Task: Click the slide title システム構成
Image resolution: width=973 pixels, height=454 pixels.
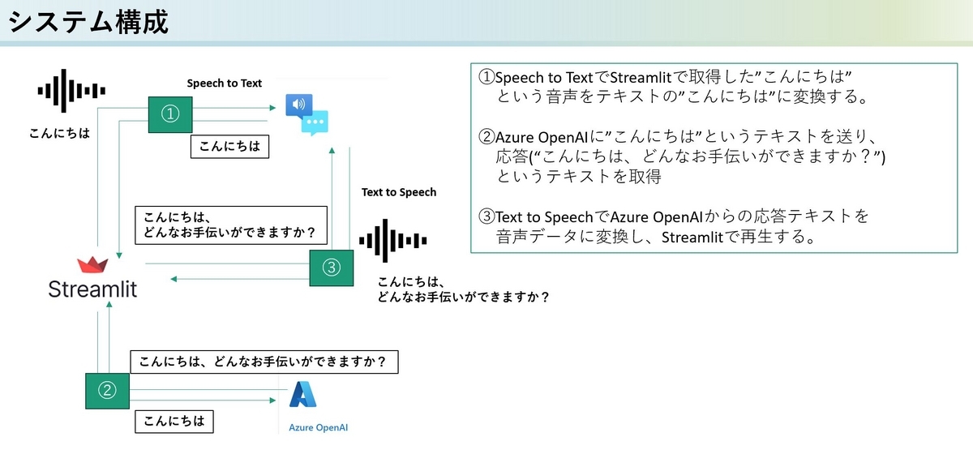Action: coord(88,22)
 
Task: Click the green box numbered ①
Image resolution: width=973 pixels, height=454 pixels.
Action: coord(170,114)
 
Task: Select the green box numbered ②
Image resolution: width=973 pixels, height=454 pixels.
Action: coord(107,391)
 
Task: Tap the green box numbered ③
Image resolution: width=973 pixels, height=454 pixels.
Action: coord(332,268)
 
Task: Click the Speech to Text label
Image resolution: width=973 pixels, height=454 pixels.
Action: coord(224,83)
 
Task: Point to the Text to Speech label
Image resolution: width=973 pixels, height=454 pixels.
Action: coord(399,192)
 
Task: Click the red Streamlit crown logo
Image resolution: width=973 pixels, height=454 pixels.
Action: coord(92,264)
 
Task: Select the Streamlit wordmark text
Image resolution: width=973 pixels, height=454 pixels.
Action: coord(92,289)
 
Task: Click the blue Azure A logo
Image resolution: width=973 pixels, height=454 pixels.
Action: coord(302,394)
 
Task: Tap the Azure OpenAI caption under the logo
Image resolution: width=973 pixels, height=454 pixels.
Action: coord(319,427)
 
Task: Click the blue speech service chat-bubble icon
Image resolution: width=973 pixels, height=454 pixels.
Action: coord(306,114)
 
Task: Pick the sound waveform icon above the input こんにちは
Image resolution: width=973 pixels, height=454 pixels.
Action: coord(71,91)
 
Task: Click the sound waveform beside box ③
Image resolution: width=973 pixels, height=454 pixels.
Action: coord(393,241)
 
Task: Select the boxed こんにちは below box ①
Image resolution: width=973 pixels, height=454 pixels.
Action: coord(229,147)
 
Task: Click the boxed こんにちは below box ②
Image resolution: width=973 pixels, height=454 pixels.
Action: coord(174,422)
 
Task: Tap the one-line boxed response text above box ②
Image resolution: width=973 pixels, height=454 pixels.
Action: coord(264,362)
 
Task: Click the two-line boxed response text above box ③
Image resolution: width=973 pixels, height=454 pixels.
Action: coord(231,225)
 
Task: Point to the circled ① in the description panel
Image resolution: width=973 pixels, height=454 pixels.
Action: coord(486,77)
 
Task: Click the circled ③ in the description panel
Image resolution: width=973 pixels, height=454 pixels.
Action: coord(486,216)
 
